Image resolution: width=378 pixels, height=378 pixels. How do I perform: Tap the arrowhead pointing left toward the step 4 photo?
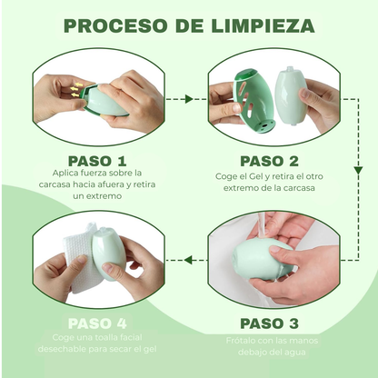click(189, 259)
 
